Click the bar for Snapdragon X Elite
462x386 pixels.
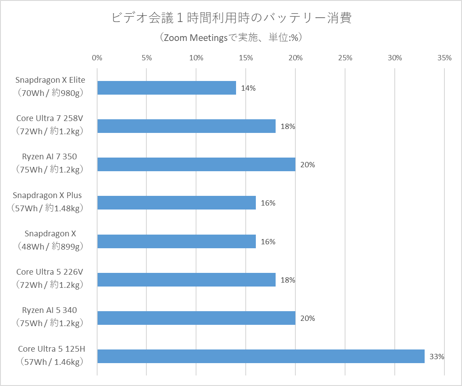coord(166,88)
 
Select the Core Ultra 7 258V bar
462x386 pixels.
coord(186,126)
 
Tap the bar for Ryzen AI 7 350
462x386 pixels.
coord(196,165)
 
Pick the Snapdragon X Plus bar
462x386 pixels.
coord(176,203)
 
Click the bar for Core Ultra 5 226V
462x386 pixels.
coord(186,279)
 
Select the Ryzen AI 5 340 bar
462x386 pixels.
coord(196,318)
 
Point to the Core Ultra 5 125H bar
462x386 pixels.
coord(261,356)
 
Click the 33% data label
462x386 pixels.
coord(437,357)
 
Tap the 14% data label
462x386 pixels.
coord(248,88)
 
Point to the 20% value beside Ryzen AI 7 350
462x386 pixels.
coord(308,165)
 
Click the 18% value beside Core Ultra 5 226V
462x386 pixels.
coord(288,280)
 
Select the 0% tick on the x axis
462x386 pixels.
coord(97,58)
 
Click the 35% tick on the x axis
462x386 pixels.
coord(444,58)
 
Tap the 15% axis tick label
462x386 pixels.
coord(246,58)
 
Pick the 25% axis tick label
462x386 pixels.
coord(346,58)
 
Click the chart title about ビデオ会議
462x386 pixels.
coord(231,18)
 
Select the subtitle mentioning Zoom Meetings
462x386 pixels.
coord(231,38)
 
